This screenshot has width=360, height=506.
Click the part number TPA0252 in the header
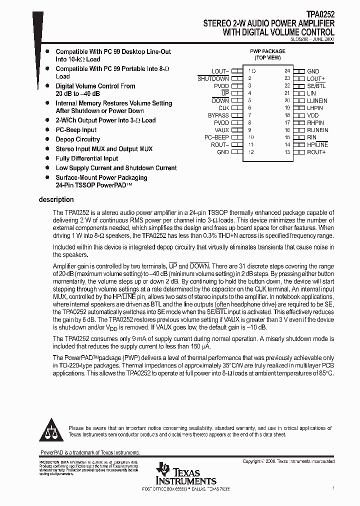tap(321, 16)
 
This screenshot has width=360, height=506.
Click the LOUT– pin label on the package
tap(220, 71)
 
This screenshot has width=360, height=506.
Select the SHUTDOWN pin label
tap(213, 79)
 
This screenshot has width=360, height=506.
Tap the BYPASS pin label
tap(218, 115)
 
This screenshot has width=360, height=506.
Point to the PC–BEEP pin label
tap(216, 137)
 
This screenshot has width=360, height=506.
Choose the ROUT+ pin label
tap(316, 152)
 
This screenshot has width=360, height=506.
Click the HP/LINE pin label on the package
tap(317, 144)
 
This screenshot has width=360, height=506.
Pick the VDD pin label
tap(312, 115)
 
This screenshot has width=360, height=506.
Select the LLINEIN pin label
tap(317, 101)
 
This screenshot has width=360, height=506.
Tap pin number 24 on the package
tap(287, 71)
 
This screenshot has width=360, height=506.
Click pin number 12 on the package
tap(251, 152)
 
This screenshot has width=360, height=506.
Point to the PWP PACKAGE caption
tap(267, 51)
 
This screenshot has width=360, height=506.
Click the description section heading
tap(56, 199)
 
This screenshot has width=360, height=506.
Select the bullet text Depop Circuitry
tap(77, 139)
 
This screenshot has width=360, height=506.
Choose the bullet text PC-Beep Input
tap(76, 130)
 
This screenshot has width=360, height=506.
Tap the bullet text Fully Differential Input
tap(87, 158)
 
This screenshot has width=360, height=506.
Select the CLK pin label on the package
tap(223, 108)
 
